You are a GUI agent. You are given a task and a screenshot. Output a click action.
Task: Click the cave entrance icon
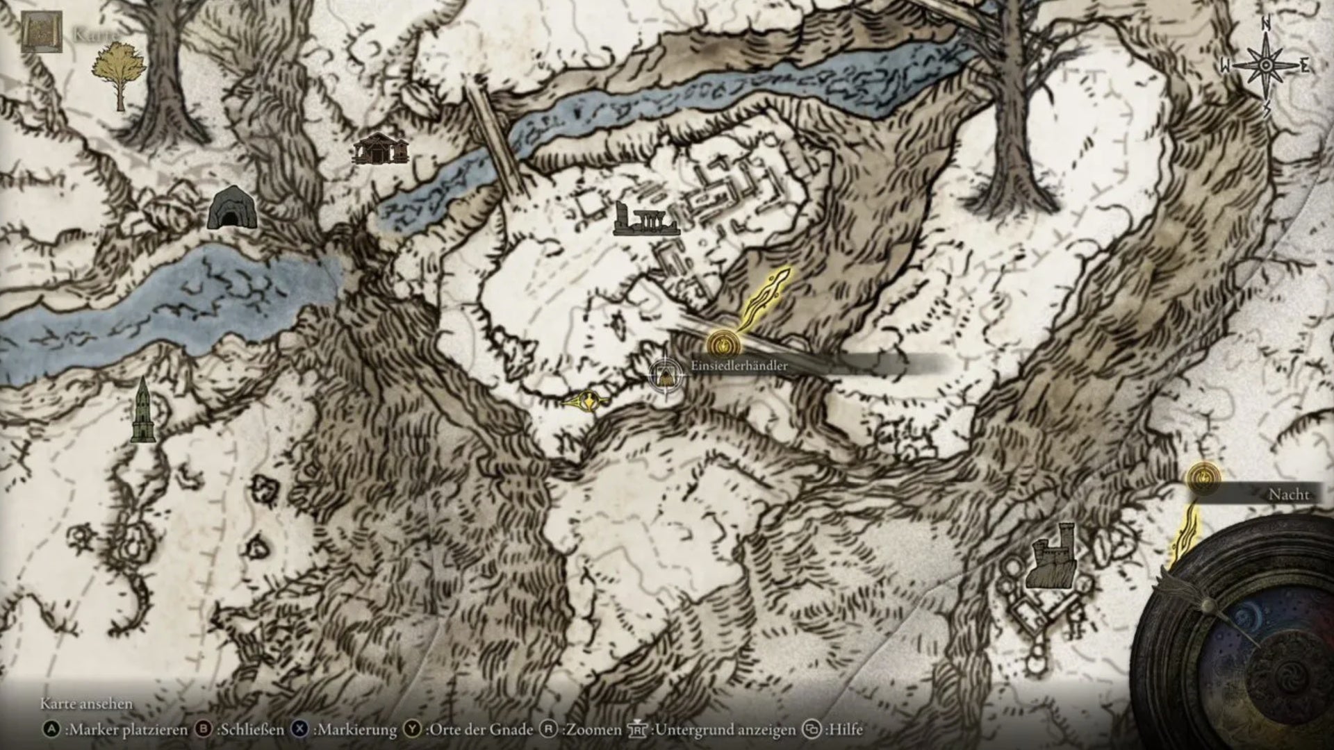(232, 208)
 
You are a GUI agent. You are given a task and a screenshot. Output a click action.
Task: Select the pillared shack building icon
(379, 148)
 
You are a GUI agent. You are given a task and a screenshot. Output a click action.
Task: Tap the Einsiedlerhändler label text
(739, 366)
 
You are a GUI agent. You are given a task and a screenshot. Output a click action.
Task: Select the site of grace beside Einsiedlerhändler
(720, 343)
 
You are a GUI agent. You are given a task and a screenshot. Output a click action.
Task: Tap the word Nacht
(1288, 495)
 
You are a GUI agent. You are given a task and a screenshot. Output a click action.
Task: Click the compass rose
(1266, 65)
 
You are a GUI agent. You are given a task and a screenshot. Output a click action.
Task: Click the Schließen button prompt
(240, 730)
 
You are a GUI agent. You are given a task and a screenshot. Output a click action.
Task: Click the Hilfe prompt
(833, 730)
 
